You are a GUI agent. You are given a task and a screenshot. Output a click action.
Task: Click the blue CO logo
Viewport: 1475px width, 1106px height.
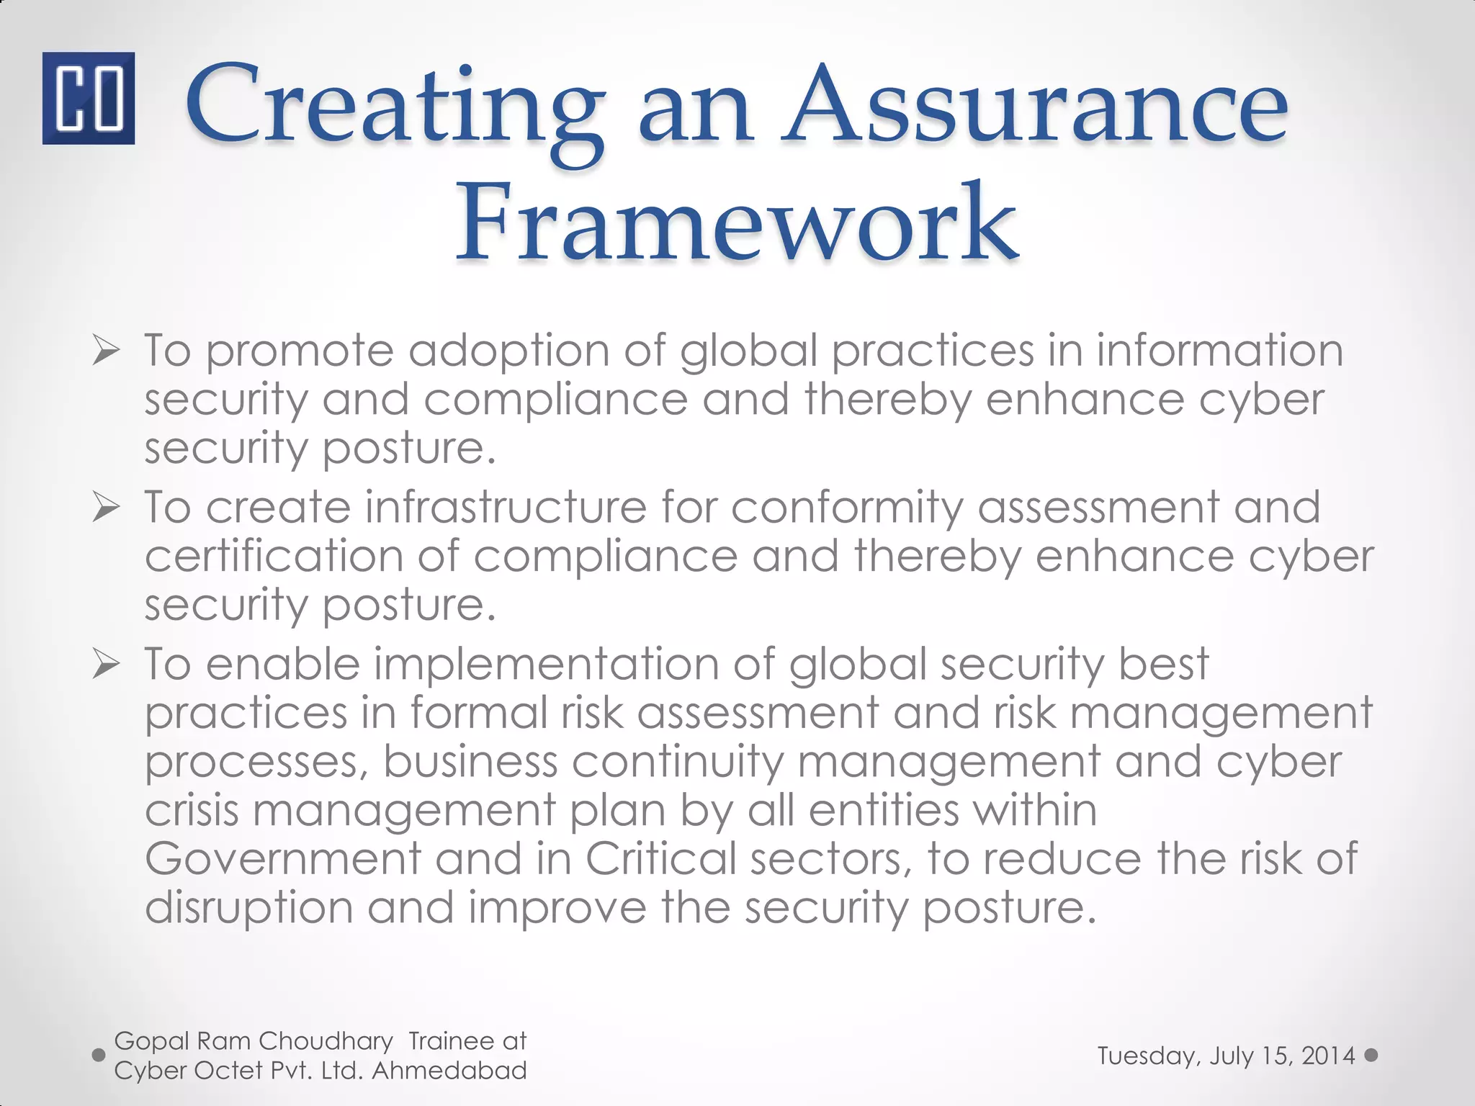point(88,98)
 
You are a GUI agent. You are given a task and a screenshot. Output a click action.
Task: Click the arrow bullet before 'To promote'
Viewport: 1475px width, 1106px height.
point(105,352)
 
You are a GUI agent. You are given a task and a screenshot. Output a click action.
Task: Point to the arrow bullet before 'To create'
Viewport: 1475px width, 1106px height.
point(105,509)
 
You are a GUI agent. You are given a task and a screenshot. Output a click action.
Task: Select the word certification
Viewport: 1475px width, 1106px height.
point(274,556)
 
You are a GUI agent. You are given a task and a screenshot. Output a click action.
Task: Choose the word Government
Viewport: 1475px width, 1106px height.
point(282,858)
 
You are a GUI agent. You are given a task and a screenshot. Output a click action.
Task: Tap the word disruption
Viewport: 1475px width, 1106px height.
point(248,908)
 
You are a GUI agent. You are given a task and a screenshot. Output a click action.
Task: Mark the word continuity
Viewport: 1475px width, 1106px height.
point(676,762)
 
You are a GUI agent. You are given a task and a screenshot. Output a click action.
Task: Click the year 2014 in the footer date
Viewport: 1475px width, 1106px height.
point(1328,1056)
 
